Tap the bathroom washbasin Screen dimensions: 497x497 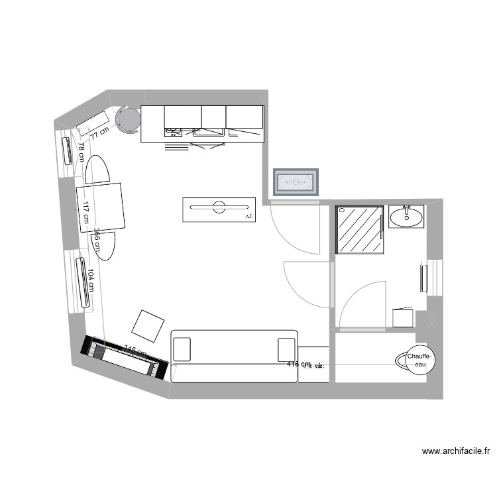[x=406, y=216]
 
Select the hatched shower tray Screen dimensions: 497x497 [x=360, y=229]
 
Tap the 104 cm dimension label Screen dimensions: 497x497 [x=91, y=279]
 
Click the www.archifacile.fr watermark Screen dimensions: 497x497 [x=456, y=451]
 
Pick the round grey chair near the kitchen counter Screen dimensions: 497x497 [x=128, y=119]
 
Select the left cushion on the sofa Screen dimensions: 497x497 [x=182, y=349]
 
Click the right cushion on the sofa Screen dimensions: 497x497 [x=286, y=349]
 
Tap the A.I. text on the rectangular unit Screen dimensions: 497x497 [x=248, y=216]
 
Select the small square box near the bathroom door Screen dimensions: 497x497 [x=403, y=318]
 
